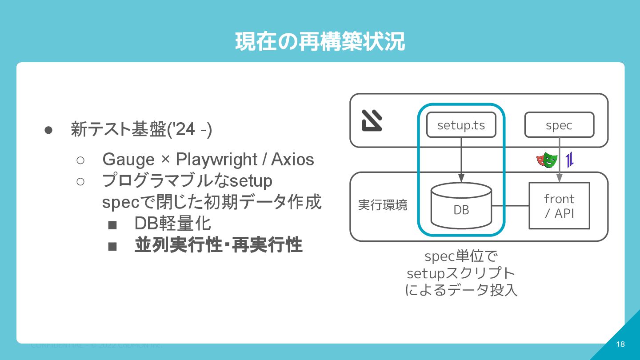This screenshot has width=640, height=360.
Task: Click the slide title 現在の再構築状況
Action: pos(320,42)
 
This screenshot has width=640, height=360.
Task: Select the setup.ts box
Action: pos(461,125)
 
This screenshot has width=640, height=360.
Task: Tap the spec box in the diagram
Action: pos(559,125)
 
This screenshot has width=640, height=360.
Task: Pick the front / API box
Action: pos(559,206)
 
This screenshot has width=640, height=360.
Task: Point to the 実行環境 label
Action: pos(383,206)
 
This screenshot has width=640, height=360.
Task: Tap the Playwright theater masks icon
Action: pos(547,160)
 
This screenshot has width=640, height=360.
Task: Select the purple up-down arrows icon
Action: pos(570,160)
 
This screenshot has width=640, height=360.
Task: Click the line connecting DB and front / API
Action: pos(510,206)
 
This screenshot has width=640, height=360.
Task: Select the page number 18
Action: pos(620,344)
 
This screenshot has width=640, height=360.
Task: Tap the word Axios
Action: pos(292,159)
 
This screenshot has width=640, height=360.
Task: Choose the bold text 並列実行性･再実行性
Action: pos(218,245)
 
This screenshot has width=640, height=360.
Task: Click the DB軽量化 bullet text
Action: pos(172,224)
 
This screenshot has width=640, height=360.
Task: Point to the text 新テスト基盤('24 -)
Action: pos(141,129)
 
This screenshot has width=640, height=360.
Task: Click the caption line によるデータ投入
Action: pos(461,290)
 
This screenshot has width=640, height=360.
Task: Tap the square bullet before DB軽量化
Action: pos(112,225)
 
